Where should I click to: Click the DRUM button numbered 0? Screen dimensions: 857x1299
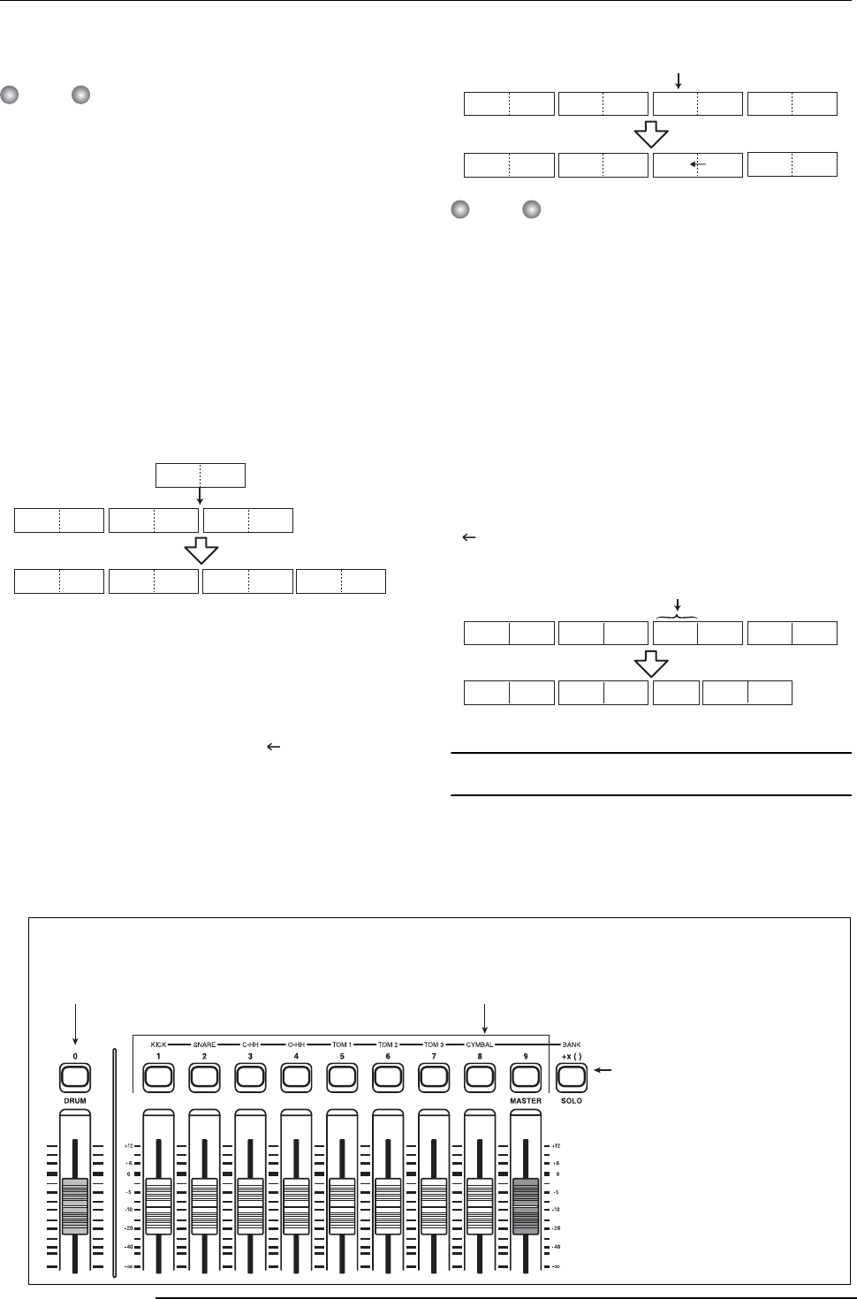click(x=75, y=1076)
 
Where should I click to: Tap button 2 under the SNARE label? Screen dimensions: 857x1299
click(x=204, y=1076)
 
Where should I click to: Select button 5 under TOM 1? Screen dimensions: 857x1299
click(x=342, y=1076)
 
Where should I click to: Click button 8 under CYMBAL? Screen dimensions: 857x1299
click(x=479, y=1076)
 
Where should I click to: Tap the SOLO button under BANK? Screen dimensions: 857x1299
click(x=571, y=1076)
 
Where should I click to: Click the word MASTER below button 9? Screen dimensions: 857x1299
click(x=525, y=1101)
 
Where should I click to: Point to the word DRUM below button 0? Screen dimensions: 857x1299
click(x=75, y=1101)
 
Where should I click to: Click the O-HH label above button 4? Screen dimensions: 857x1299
click(x=296, y=1045)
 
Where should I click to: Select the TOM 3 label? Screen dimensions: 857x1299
click(x=433, y=1045)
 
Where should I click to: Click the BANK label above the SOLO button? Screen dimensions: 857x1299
click(x=571, y=1045)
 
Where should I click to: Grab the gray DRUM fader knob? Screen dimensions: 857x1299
click(x=75, y=1205)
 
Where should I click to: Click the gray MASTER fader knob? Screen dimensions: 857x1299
click(x=525, y=1205)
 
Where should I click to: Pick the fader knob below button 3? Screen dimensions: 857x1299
click(x=250, y=1205)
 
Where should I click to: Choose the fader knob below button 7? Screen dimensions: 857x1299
click(x=433, y=1205)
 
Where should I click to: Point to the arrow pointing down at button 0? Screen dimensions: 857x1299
click(x=76, y=1022)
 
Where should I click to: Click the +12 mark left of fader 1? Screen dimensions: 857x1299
click(x=129, y=1145)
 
